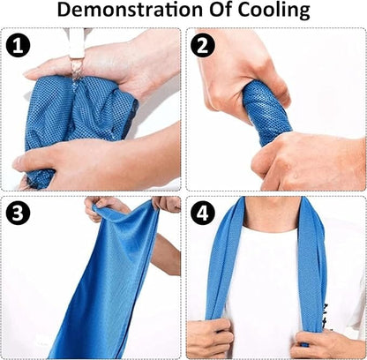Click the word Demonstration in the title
pyautogui.click(x=130, y=10)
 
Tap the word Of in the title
pyautogui.click(x=221, y=10)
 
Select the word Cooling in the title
pyautogui.click(x=273, y=11)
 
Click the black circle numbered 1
pyautogui.click(x=18, y=45)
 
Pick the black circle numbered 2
pyautogui.click(x=202, y=45)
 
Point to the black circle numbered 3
pyautogui.click(x=18, y=213)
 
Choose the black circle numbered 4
pyautogui.click(x=202, y=213)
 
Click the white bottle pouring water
pyautogui.click(x=77, y=43)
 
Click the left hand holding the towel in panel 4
pyautogui.click(x=208, y=338)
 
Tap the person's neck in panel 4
pyautogui.click(x=272, y=214)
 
